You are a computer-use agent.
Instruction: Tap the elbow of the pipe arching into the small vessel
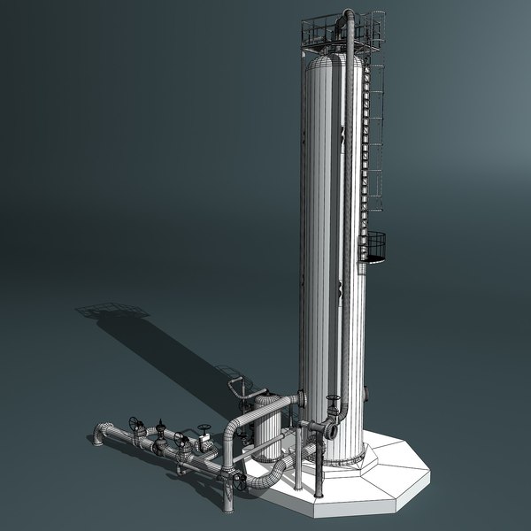click(232, 427)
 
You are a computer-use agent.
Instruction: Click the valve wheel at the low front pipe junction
click(240, 481)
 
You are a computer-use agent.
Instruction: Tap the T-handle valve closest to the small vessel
click(204, 434)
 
